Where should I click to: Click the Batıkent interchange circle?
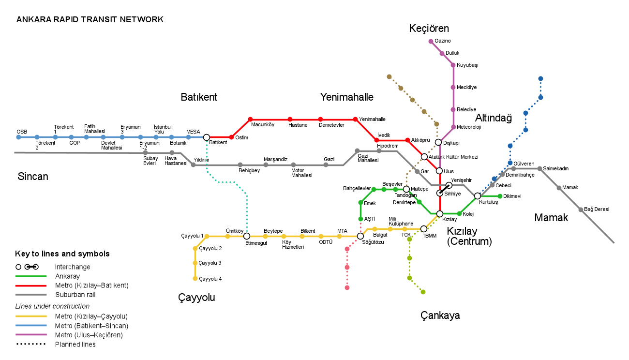point(207,137)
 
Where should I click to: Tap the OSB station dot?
point(19,137)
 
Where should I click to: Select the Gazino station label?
point(442,41)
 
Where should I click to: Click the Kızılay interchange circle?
point(440,213)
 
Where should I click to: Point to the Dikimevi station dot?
point(500,196)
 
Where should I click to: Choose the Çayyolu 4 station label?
point(210,279)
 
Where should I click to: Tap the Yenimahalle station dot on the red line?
point(355,119)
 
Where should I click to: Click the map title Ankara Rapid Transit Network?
point(90,20)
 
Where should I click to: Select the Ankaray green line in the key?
point(31,276)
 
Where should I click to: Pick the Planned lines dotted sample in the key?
point(31,345)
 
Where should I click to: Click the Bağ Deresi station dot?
point(581,210)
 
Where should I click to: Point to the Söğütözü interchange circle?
point(360,236)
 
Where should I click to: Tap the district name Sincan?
point(33,176)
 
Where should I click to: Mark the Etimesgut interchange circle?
point(247,236)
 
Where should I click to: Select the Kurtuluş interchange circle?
point(478,196)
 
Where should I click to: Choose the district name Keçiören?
point(429,28)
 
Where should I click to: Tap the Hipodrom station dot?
point(379,151)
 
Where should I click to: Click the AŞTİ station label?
point(370,219)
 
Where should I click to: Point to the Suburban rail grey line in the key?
point(31,295)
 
